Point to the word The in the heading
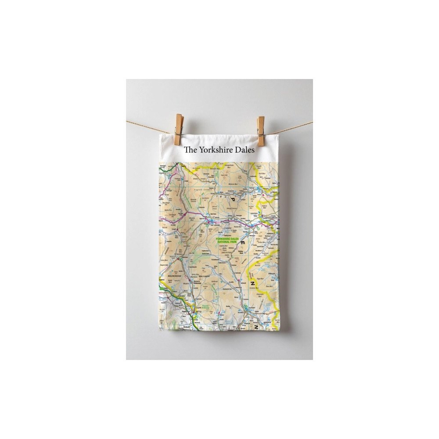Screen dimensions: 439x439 (x=190, y=149)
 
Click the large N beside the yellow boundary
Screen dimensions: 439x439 (x=253, y=284)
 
